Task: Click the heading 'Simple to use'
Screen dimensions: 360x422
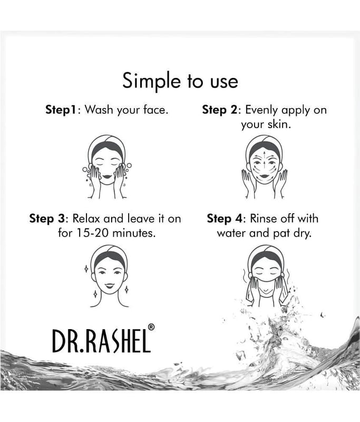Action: [180, 81]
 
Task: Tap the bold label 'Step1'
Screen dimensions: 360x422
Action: [62, 110]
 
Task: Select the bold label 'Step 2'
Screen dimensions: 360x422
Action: [220, 110]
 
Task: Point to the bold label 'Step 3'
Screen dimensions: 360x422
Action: [47, 219]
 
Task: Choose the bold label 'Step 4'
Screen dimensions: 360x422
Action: [225, 219]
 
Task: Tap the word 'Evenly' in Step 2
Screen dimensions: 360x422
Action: [261, 110]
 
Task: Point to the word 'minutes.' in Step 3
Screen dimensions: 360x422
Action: [134, 233]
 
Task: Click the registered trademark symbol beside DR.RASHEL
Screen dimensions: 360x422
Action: [151, 327]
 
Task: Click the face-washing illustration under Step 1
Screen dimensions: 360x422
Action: [107, 167]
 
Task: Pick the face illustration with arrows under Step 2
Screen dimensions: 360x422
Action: [265, 167]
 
